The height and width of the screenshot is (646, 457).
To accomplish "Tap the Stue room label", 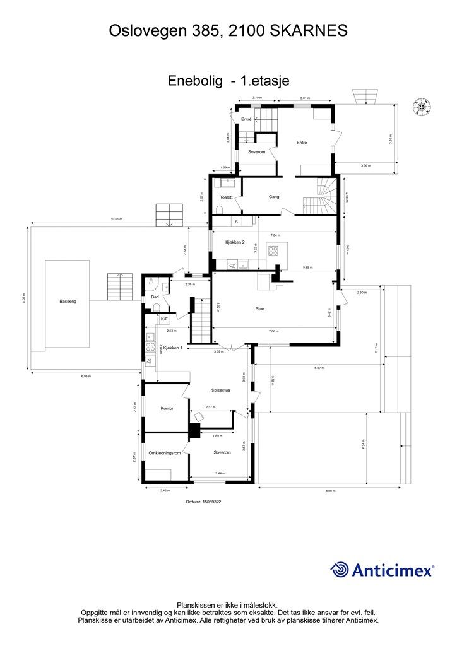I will [259, 309].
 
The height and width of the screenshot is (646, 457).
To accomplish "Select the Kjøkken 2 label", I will [235, 242].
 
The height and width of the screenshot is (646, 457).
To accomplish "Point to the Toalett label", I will [227, 197].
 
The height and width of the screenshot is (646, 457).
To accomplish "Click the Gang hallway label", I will [274, 197].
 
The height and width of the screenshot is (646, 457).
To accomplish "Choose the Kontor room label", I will [167, 409].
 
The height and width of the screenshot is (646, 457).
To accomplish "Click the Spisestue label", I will [221, 391].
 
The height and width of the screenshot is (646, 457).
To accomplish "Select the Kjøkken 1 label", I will [172, 348].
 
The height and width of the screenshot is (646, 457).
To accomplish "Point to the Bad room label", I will [154, 297].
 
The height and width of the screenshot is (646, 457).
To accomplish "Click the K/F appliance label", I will [164, 319].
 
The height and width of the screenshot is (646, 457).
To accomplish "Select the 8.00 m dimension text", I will [331, 491].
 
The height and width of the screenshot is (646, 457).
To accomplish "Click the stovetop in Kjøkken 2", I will [274, 250].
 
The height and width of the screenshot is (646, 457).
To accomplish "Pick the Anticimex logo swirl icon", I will [340, 570].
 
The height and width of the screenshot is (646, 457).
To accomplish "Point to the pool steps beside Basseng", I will [117, 287].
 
